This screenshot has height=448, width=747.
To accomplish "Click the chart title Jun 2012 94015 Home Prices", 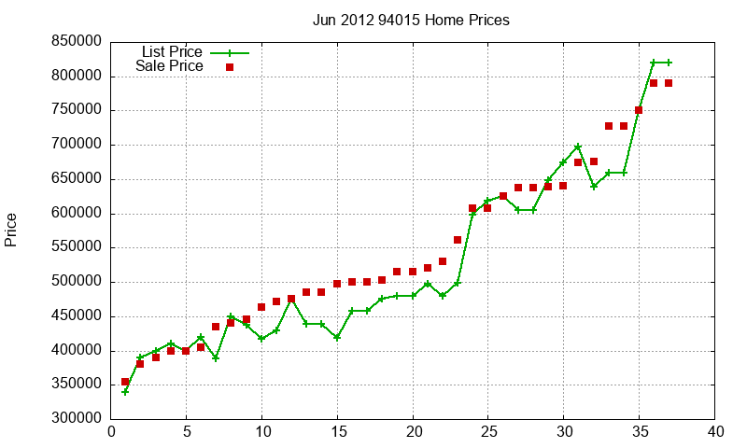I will pos(411,20).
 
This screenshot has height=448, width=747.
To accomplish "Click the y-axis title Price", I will pos(11,230).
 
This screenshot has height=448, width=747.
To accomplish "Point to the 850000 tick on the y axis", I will pos(78,41).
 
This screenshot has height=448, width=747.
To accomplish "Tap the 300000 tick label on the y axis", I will pos(78,419).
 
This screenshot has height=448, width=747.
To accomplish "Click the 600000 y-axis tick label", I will pos(78,213).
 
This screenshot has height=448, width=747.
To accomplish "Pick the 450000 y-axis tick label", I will pos(78,316).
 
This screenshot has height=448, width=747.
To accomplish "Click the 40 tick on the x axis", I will pos(715,432).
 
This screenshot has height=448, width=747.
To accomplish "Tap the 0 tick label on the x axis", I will pos(111,432).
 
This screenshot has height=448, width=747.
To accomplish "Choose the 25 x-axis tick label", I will pos(488,432).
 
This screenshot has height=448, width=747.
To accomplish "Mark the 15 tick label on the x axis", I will pos(337,432).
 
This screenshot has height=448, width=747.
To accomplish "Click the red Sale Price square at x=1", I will pos(125,382).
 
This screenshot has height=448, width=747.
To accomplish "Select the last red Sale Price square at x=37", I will pos(669,83).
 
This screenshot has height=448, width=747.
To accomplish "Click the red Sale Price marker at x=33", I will pos(609,126).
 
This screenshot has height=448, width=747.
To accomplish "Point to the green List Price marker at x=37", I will pos(669,63).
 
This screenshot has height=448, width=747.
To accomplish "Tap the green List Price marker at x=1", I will pos(125,392).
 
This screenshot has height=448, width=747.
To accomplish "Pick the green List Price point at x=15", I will pos(337,337).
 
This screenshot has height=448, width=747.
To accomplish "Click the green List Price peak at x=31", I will pos(579,147).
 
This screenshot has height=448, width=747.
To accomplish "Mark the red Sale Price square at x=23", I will pos(458,240).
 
